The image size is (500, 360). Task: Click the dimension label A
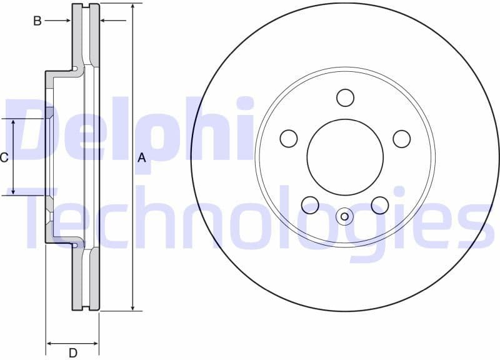click(x=142, y=158)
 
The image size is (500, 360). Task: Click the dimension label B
click(x=37, y=21)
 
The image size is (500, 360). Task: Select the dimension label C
click(x=4, y=157)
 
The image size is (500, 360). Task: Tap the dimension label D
click(x=73, y=353)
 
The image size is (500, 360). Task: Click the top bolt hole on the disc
click(x=345, y=98)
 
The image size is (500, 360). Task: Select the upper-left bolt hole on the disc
click(x=289, y=139)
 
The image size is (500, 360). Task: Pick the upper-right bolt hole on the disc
click(x=401, y=139)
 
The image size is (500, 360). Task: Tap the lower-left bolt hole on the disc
click(x=310, y=204)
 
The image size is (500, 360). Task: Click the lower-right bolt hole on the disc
click(x=380, y=204)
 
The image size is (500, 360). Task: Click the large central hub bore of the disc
click(x=345, y=157)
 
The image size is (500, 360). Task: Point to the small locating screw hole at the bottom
click(x=345, y=216)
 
